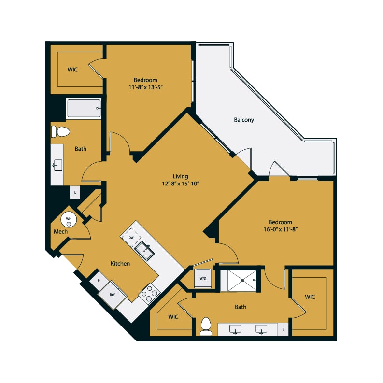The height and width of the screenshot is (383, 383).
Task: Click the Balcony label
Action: point(244,120)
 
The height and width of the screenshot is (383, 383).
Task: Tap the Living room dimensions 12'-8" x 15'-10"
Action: point(180,184)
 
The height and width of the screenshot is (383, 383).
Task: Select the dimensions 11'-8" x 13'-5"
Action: point(145,87)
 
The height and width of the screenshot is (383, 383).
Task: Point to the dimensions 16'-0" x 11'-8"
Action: point(281,229)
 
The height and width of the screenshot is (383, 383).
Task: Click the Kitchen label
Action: point(120,264)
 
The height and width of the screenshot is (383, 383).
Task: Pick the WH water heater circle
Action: point(69,220)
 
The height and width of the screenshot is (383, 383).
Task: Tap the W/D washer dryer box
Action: point(203,278)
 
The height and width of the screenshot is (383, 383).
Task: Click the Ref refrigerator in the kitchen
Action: point(112,295)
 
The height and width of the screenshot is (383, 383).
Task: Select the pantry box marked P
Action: point(99,281)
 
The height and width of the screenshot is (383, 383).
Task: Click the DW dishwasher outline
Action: point(131,238)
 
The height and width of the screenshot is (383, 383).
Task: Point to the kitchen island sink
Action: point(144,250)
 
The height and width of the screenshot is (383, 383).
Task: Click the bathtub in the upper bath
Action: point(84,108)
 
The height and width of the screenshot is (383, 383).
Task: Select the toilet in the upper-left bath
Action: point(60,132)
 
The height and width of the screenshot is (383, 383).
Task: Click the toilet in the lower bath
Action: point(206,326)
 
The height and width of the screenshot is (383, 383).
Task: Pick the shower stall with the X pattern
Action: point(242,281)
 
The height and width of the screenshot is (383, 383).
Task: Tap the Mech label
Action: point(60,231)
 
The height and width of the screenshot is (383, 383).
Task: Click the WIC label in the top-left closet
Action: point(72,70)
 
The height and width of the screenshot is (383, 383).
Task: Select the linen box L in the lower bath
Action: point(283,329)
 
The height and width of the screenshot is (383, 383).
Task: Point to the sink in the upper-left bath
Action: point(57,165)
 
